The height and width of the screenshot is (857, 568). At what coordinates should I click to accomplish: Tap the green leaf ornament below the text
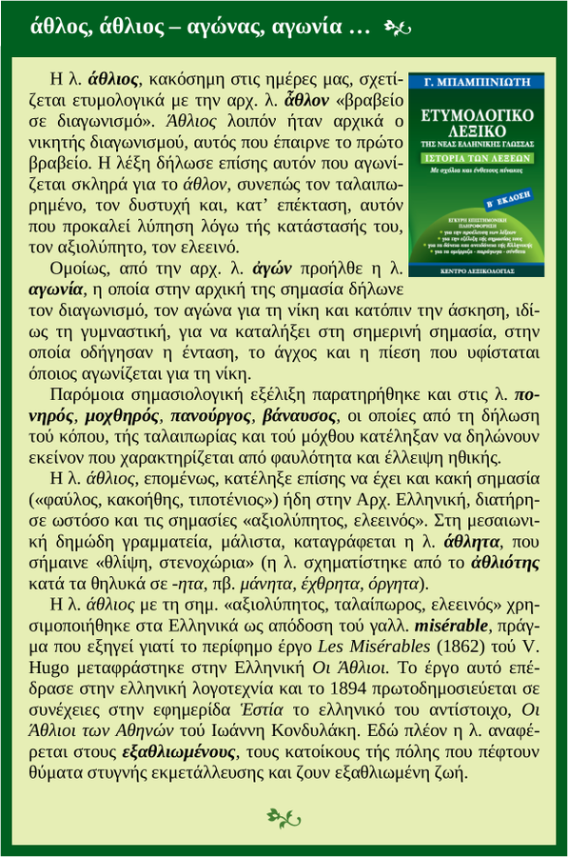pyautogui.click(x=284, y=816)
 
